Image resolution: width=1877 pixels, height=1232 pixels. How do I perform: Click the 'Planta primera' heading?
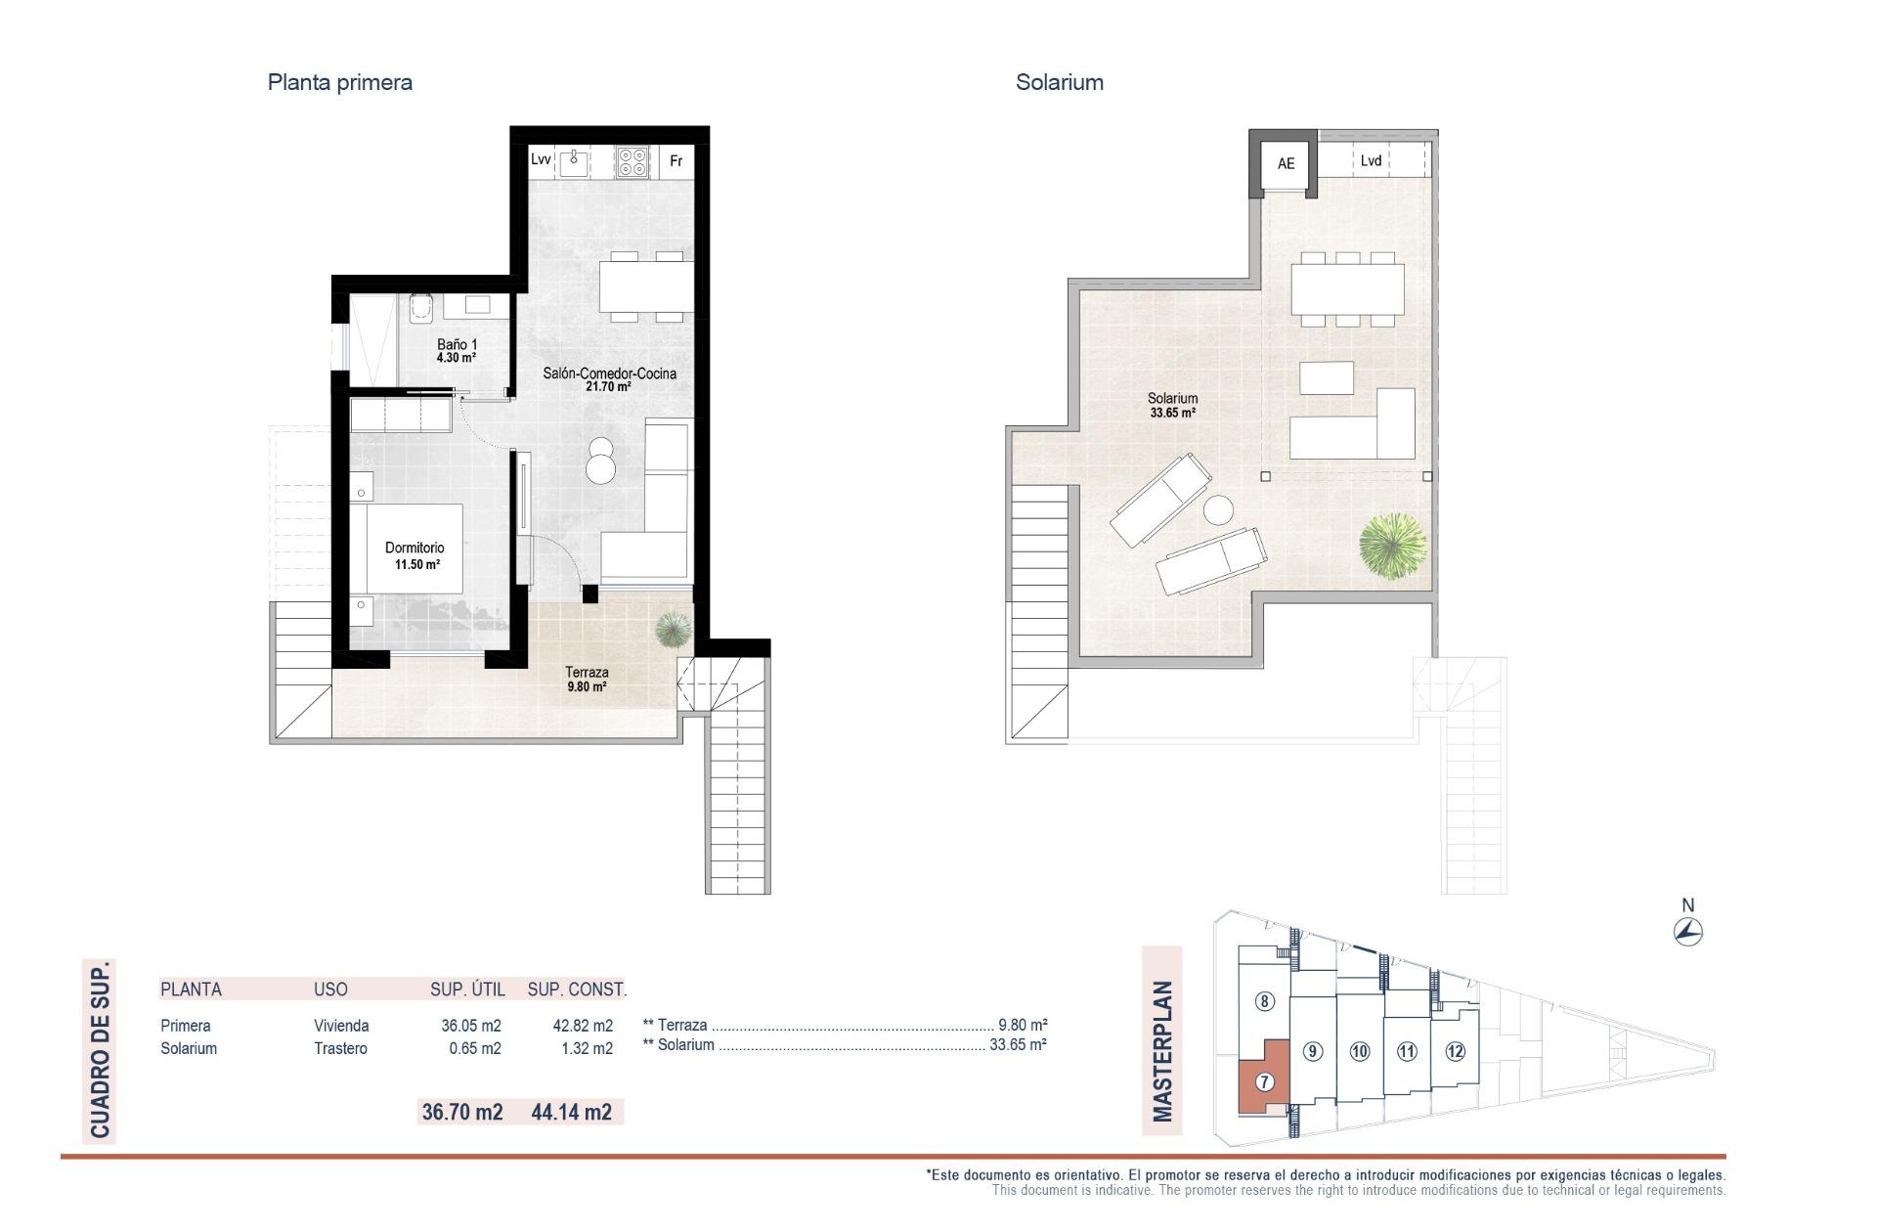pos(339,82)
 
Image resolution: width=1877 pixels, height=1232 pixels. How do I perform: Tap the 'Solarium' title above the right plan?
pos(1059,82)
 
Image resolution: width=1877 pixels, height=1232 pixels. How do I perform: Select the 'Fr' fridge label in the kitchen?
pos(676,161)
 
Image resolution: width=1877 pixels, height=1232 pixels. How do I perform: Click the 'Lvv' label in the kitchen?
pos(541,159)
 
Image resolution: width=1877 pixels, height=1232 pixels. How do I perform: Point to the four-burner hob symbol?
pos(633,161)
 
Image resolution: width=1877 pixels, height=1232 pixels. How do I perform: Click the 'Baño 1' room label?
pos(457,345)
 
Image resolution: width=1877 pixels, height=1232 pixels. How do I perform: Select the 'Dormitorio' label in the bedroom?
pos(415,549)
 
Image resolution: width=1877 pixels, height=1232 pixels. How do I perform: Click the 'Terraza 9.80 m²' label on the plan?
pos(587,679)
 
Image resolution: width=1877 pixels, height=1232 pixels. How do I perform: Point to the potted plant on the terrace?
pos(672,630)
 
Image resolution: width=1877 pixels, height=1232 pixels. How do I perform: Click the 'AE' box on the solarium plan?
pos(1286,163)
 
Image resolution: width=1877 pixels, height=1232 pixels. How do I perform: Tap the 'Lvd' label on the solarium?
pos(1371,160)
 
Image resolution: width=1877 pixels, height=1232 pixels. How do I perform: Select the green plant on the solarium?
pos(1392,546)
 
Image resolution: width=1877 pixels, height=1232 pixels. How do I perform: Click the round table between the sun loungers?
pos(1218,510)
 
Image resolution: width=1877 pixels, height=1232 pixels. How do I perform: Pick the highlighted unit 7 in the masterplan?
pos(1264,1081)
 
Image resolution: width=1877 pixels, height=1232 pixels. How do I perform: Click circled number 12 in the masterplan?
pos(1455,1052)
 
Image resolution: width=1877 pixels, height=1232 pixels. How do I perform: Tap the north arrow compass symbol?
pos(1687,932)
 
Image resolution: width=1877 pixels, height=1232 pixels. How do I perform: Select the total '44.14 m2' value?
pos(571,1112)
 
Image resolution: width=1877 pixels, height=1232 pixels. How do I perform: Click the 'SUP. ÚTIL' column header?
pos(467,990)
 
